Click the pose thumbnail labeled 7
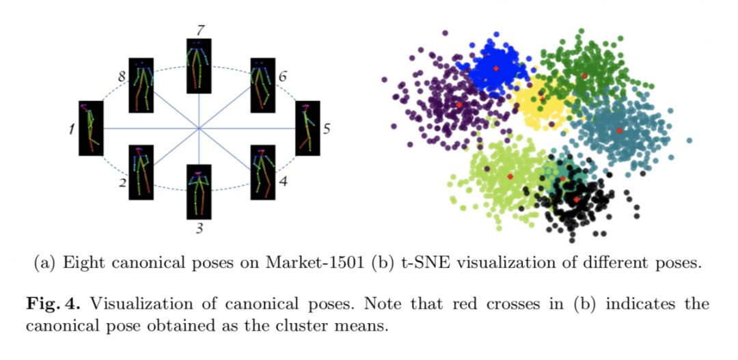[x=199, y=66]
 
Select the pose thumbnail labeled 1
[x=90, y=128]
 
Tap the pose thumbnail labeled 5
[x=307, y=128]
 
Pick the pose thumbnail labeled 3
[x=199, y=191]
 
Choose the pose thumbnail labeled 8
[x=141, y=85]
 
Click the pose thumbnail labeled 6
[x=262, y=85]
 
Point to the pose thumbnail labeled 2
[x=141, y=171]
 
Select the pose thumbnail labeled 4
[x=262, y=171]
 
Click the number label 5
[x=327, y=128]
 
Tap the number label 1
[x=71, y=128]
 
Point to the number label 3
[x=200, y=228]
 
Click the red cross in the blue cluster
[x=496, y=68]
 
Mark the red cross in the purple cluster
[x=459, y=105]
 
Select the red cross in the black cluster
[x=576, y=199]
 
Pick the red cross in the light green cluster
[x=510, y=176]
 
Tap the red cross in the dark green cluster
[x=584, y=76]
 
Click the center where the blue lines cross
[x=199, y=128]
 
